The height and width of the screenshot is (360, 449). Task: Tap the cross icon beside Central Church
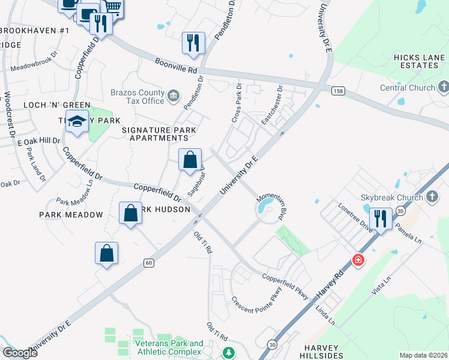click(444, 88)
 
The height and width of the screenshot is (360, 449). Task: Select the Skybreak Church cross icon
click(433, 197)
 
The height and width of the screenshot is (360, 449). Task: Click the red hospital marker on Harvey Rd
click(358, 260)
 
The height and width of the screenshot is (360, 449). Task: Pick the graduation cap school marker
click(77, 121)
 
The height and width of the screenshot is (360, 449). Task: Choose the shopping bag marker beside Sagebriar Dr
click(190, 160)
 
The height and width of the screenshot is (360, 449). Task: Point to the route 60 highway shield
click(149, 262)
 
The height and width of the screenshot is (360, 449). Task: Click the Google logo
click(20, 353)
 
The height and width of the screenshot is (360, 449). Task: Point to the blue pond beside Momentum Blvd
click(264, 208)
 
